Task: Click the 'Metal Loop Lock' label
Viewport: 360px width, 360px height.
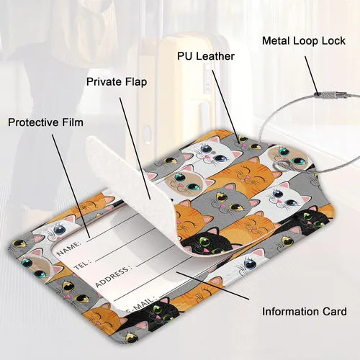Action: point(304,41)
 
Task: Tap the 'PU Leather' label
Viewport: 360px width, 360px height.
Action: point(206,56)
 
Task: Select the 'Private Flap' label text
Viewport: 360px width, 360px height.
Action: point(117,82)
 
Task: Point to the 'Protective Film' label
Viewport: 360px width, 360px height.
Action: point(45,122)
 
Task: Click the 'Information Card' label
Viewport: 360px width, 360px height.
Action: point(305,312)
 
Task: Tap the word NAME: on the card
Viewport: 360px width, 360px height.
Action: point(69,248)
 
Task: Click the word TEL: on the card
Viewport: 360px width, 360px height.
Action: point(82,264)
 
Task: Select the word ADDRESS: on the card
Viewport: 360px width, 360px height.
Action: point(113,276)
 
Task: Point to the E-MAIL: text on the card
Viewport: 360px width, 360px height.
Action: point(141,305)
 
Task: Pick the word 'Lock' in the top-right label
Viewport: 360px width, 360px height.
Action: point(333,41)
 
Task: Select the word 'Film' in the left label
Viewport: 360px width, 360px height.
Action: point(73,122)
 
